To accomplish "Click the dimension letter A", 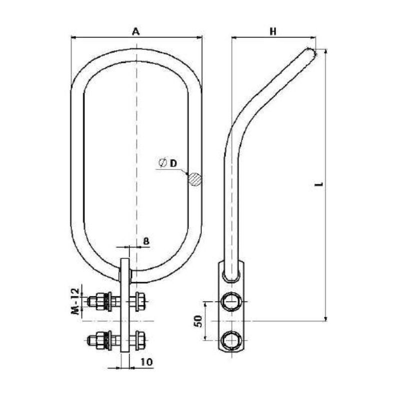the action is coord(136,31).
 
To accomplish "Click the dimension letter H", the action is coord(273,31).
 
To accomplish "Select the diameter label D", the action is coord(173,163).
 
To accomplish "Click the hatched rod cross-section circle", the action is coord(195,179).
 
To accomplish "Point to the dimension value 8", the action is coord(146,241).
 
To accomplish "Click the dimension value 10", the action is coord(146,361).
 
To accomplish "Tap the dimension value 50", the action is coord(198,321).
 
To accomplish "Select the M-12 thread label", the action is coord(76,301).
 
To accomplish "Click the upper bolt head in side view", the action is coord(231,301).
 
